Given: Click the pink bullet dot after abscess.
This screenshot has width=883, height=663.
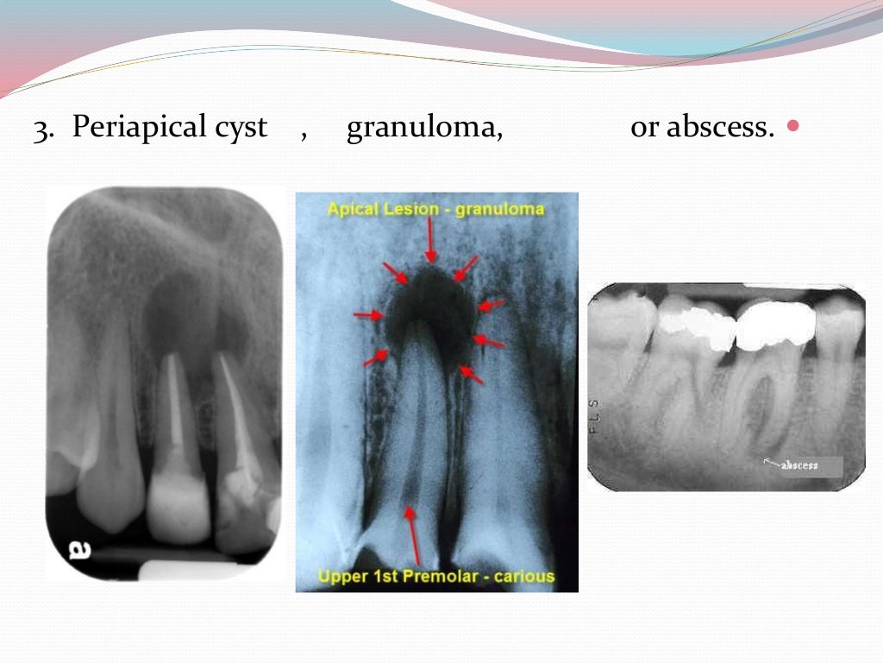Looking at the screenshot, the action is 793,127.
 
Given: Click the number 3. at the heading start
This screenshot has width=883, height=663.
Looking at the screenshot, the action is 45,129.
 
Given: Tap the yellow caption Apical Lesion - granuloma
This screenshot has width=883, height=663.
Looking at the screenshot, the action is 435,208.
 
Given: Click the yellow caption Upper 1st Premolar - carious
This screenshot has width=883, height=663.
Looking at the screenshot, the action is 436,576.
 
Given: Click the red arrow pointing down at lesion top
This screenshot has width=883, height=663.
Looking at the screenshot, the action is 430,242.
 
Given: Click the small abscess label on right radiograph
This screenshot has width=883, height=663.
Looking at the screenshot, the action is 798,465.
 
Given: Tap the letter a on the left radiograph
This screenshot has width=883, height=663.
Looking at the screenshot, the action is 79,549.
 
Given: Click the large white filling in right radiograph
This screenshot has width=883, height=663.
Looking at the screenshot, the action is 776,325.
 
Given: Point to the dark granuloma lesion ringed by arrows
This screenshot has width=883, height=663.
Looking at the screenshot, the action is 429,302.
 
